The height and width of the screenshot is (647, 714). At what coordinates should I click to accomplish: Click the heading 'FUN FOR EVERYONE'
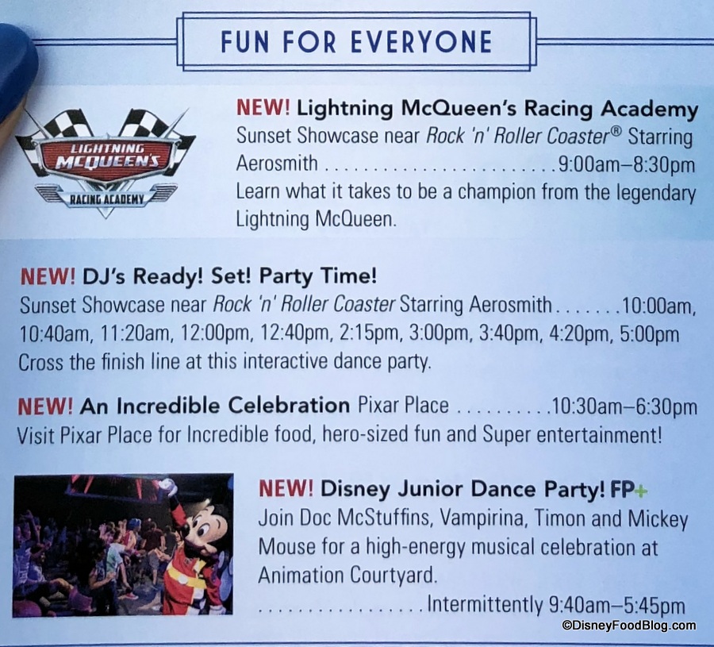pos(356,42)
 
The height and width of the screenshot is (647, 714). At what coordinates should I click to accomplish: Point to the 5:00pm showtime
pos(650,334)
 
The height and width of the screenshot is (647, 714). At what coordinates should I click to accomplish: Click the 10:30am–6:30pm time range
pos(624,406)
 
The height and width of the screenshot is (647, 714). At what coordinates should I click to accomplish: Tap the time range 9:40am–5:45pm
pos(617,605)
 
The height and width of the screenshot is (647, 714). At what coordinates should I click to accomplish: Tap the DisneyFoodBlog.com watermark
pos(629,626)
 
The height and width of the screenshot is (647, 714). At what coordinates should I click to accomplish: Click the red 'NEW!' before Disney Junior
pos(286,489)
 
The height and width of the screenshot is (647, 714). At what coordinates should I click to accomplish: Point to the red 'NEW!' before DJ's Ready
pos(48,276)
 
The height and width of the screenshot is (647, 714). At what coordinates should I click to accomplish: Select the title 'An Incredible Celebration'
pos(215,406)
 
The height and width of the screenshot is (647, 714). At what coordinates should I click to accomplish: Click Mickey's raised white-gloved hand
pos(170,487)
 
